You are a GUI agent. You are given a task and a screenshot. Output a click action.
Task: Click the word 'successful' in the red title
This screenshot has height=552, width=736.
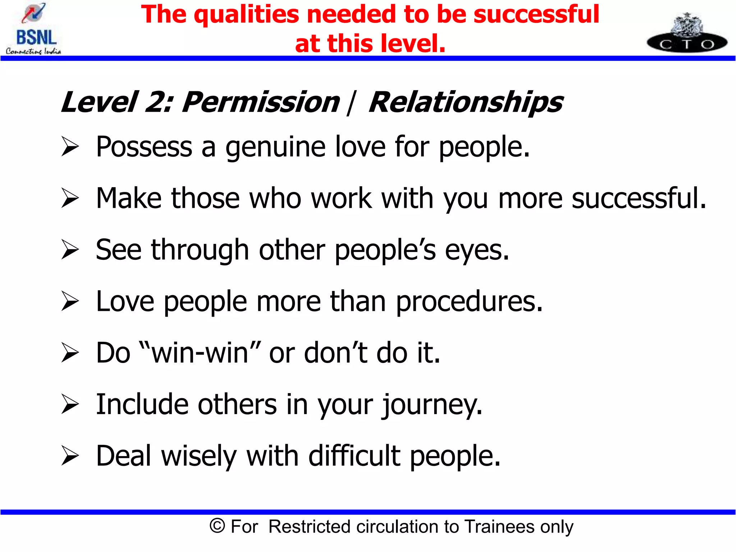[536, 14]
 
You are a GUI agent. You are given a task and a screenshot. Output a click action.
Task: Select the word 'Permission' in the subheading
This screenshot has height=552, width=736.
[261, 102]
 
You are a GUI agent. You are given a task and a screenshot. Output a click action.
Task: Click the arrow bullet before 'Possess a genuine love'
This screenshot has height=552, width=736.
[70, 147]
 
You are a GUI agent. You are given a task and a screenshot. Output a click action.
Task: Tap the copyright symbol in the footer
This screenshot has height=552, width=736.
[217, 526]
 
